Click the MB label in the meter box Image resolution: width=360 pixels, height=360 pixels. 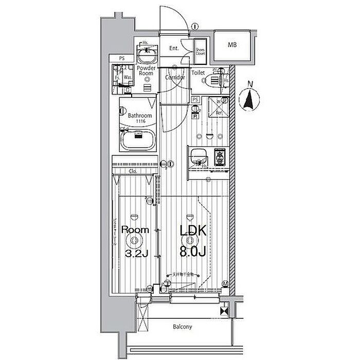click(232, 45)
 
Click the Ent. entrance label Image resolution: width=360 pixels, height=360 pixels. click(174, 48)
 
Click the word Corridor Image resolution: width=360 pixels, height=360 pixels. click(175, 77)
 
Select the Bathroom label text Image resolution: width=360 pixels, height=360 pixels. click(140, 116)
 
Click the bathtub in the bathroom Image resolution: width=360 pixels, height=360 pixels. click(137, 138)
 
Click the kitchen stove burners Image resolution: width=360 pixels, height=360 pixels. click(220, 157)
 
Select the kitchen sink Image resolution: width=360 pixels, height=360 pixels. click(198, 157)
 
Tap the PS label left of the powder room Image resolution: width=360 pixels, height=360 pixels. click(122, 58)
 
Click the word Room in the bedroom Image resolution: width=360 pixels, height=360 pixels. click(135, 230)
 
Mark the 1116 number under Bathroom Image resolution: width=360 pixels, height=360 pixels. click(140, 121)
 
